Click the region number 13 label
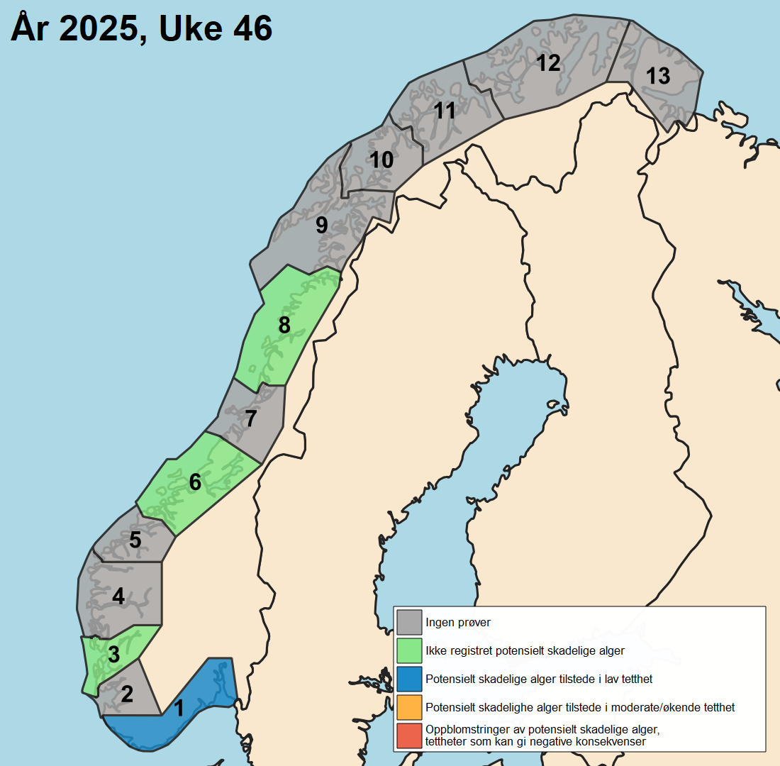tap(658, 75)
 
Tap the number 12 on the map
tap(547, 63)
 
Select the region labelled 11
tap(445, 111)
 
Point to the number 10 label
tap(381, 160)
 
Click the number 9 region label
tap(322, 226)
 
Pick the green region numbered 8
tap(284, 326)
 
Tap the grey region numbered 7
tap(250, 418)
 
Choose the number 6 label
tap(195, 482)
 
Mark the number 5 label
tap(135, 540)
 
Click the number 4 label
tap(118, 596)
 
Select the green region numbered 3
tap(113, 655)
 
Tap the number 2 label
tap(127, 694)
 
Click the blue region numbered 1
tap(179, 708)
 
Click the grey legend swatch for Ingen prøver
tap(409, 622)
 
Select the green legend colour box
tap(409, 650)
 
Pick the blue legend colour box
tap(409, 679)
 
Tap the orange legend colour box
tap(409, 707)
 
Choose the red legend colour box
tap(409, 736)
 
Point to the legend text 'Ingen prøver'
tap(458, 623)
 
